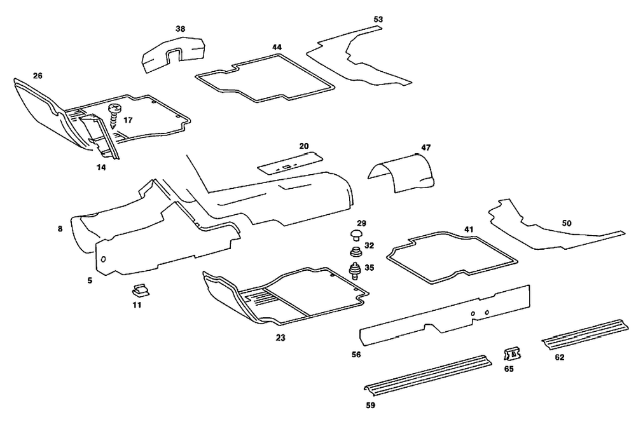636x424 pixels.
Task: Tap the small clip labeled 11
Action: click(x=139, y=291)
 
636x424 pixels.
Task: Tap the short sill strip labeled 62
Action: click(x=580, y=334)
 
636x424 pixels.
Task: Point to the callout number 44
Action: click(x=277, y=48)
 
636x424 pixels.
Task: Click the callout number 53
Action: click(x=378, y=20)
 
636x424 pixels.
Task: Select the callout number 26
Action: click(x=38, y=76)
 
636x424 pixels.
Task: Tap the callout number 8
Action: click(x=60, y=228)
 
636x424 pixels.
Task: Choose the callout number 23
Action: click(x=280, y=338)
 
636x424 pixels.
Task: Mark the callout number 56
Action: click(x=356, y=354)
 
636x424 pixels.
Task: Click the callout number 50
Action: click(x=567, y=224)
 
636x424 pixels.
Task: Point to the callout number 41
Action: click(x=469, y=229)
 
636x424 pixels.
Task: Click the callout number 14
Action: click(x=101, y=168)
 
